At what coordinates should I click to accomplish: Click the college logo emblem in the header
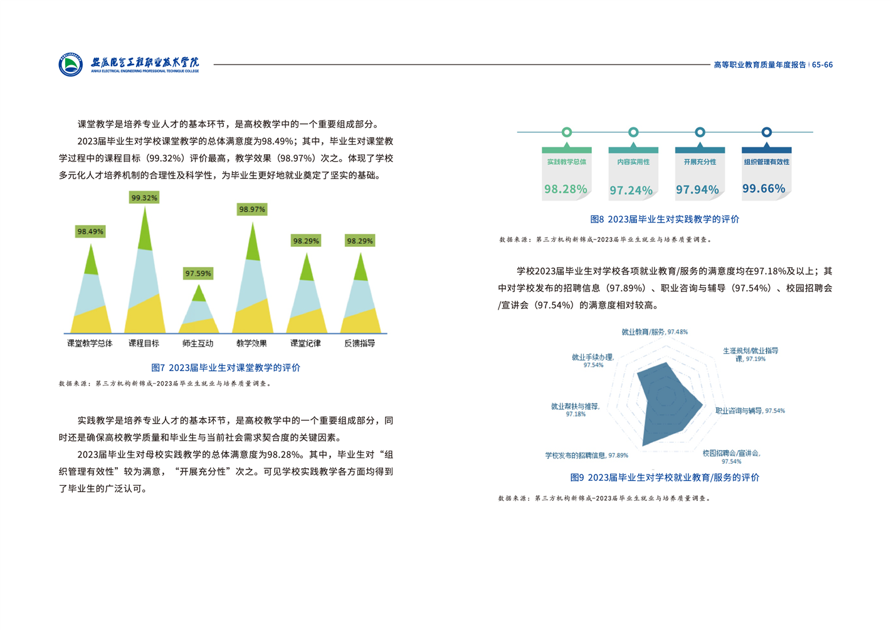pyautogui.click(x=70, y=65)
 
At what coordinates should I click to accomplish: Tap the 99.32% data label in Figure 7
pyautogui.click(x=144, y=197)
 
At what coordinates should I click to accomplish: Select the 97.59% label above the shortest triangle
pyautogui.click(x=198, y=273)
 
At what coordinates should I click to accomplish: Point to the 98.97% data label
pyautogui.click(x=252, y=209)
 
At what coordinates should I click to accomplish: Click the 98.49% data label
pyautogui.click(x=90, y=231)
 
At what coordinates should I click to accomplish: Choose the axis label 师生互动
pyautogui.click(x=198, y=344)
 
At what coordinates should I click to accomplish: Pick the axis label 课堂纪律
pyautogui.click(x=305, y=344)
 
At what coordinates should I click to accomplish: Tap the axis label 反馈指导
pyautogui.click(x=360, y=344)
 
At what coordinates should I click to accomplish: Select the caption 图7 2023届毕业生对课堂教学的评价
pyautogui.click(x=226, y=367)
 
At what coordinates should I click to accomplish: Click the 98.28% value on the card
pyautogui.click(x=566, y=189)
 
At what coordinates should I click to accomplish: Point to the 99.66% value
pyautogui.click(x=764, y=188)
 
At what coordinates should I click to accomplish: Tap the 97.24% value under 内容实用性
pyautogui.click(x=631, y=190)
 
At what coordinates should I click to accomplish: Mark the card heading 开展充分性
pyautogui.click(x=700, y=162)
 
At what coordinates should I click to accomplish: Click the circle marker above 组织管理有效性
pyautogui.click(x=766, y=132)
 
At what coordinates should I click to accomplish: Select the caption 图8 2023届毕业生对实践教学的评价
pyautogui.click(x=665, y=219)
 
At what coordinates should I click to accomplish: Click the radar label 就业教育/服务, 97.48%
pyautogui.click(x=655, y=332)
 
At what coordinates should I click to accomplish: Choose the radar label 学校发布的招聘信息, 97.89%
pyautogui.click(x=586, y=455)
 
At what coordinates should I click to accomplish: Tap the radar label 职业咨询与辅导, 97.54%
pyautogui.click(x=750, y=411)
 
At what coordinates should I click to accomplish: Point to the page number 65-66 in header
pyautogui.click(x=822, y=65)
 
